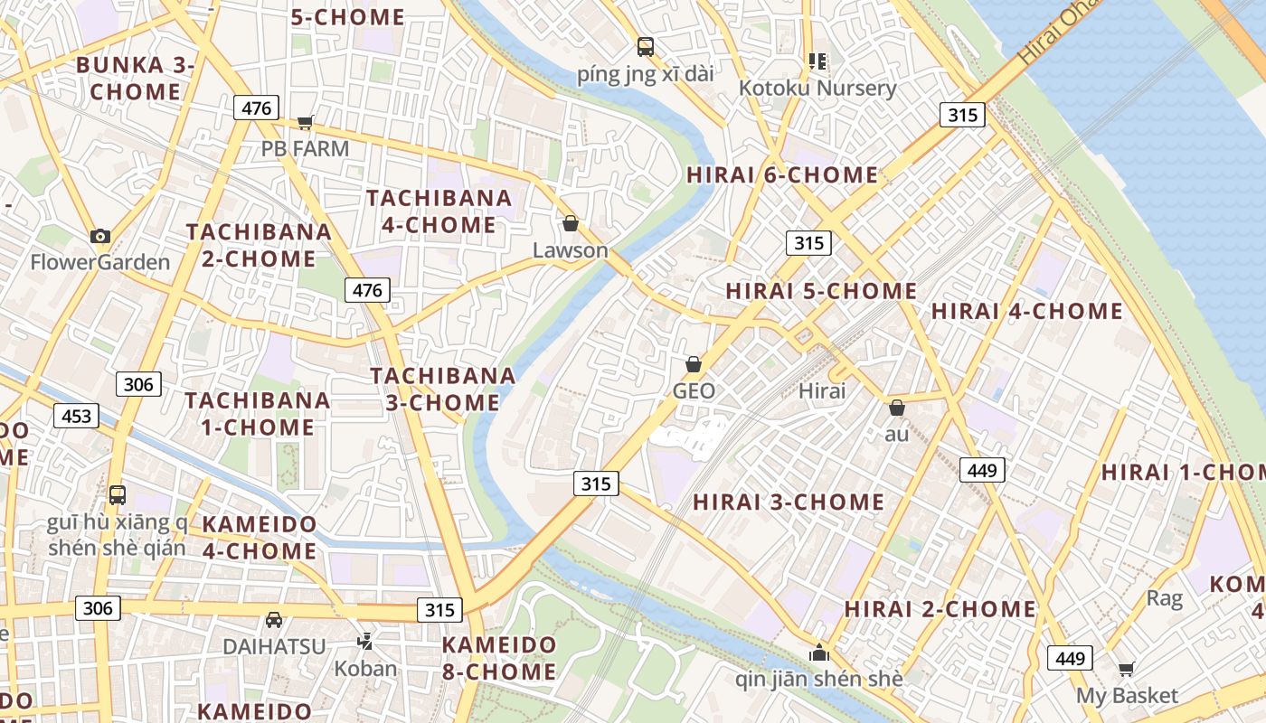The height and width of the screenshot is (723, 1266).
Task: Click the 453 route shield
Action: [x=76, y=416]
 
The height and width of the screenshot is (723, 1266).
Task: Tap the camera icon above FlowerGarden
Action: [x=100, y=237]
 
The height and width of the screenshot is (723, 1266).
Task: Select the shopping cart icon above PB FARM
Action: [x=305, y=122]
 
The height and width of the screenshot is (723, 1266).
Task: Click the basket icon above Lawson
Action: [x=571, y=223]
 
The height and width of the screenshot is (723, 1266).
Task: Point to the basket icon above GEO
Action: [x=694, y=364]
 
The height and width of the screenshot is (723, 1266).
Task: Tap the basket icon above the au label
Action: [x=897, y=408]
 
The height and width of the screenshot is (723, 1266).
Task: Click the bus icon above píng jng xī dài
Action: [x=645, y=47]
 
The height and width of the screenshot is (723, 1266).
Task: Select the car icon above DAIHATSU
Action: [x=274, y=620]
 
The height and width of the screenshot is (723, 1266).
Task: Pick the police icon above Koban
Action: [x=365, y=642]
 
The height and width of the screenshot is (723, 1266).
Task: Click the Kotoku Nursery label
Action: [x=817, y=89]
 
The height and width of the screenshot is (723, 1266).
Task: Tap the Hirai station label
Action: [x=822, y=391]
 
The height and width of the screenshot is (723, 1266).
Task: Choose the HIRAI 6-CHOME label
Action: [x=782, y=175]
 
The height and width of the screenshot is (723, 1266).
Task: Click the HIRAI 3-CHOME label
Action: [x=789, y=502]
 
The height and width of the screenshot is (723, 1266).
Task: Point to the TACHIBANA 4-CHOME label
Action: [x=439, y=211]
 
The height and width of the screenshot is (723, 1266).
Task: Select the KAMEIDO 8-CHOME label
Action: [x=499, y=658]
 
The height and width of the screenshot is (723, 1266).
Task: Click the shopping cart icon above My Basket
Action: [x=1126, y=670]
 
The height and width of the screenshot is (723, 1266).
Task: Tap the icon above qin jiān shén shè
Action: [x=819, y=653]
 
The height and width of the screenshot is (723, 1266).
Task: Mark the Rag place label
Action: [x=1164, y=598]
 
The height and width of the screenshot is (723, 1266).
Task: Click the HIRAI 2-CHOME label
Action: [x=940, y=609]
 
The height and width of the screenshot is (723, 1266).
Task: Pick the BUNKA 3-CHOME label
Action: [x=136, y=79]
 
